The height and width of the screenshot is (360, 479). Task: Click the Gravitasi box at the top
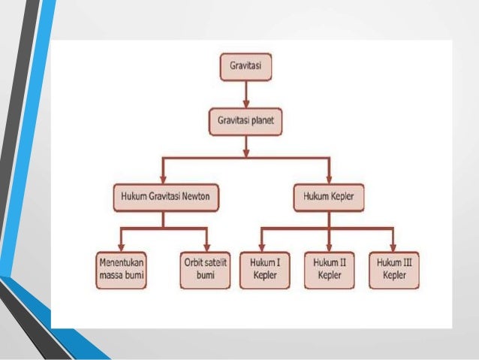click(x=246, y=68)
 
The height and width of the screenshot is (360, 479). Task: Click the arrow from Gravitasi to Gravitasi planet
click(x=246, y=93)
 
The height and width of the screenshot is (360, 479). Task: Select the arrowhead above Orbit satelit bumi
click(x=205, y=247)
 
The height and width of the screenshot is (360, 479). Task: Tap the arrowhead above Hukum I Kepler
click(x=261, y=247)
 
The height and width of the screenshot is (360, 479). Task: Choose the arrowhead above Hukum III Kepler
click(x=393, y=247)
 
